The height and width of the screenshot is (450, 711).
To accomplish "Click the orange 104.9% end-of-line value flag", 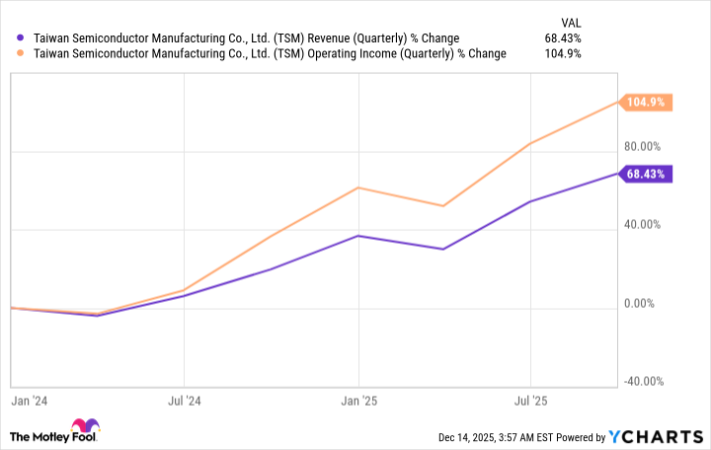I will pos(646,102).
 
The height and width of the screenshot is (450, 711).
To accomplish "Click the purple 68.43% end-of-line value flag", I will pos(646,174).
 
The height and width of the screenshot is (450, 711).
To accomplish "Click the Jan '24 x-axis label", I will pos(27,402).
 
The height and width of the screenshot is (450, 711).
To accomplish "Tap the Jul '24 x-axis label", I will pos(185,402).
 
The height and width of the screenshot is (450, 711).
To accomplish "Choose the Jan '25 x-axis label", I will pos(358,402).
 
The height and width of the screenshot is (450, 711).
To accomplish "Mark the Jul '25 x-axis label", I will pos(532,402).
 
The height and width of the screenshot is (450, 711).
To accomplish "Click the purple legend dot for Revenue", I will pos(21,38).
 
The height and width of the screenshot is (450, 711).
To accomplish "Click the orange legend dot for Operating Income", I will pos(21,54).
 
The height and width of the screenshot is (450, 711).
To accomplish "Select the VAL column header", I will pos(570,20).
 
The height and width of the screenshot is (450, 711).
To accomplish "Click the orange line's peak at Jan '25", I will pos(358,187).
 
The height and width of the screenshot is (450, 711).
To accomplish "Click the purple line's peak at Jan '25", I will pos(358,236).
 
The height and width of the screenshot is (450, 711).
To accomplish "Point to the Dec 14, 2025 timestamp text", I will pos(486,437).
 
